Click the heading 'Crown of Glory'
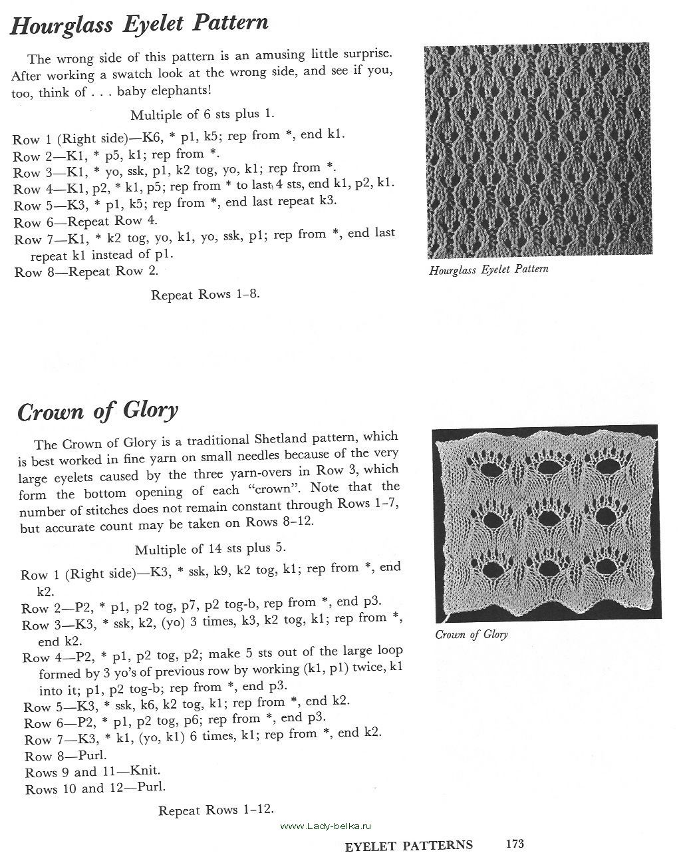[x=98, y=412]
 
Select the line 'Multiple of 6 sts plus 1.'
[x=202, y=114]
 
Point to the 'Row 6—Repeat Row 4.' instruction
[x=86, y=222]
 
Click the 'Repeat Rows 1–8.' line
[x=205, y=294]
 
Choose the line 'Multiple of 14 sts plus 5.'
[x=210, y=549]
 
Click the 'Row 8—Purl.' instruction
[x=66, y=756]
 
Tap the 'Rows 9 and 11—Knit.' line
[x=92, y=772]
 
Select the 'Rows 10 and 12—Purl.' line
[x=96, y=788]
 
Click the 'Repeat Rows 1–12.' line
[x=216, y=810]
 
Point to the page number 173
[x=515, y=844]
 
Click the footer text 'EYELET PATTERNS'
[x=409, y=846]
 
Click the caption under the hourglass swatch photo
[x=489, y=270]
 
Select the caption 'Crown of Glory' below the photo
[x=472, y=635]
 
